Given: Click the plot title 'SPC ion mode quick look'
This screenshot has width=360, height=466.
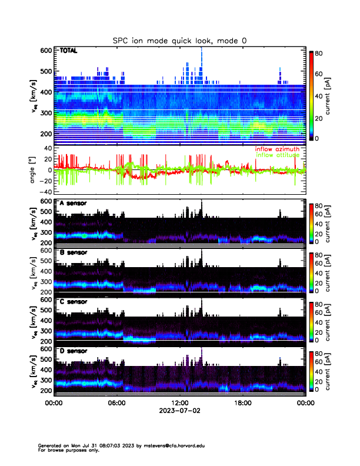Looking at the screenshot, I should (180, 41).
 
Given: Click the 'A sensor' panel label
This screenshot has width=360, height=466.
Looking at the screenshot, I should (73, 204).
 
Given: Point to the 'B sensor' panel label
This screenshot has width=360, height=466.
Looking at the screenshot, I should (73, 252).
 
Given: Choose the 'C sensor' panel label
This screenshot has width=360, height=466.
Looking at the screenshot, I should (73, 302).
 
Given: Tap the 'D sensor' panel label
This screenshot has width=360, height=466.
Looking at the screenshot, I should (73, 351).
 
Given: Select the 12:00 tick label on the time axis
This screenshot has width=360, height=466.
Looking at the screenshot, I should (179, 403).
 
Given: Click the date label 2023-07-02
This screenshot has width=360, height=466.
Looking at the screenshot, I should (179, 411).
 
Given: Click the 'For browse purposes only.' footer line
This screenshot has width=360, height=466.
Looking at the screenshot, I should (66, 450).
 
